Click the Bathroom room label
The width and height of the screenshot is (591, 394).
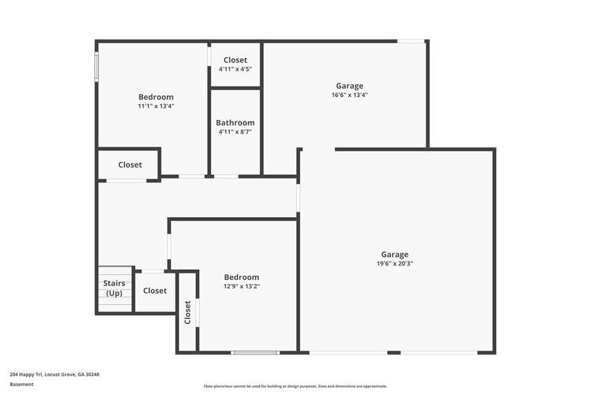click(235, 123)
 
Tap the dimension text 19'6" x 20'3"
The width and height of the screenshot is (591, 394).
click(395, 263)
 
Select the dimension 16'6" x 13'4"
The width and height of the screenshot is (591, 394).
click(349, 95)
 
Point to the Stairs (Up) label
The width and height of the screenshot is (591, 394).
click(114, 288)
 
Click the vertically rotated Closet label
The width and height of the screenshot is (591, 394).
click(188, 312)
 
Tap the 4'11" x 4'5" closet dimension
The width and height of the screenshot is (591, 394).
click(235, 69)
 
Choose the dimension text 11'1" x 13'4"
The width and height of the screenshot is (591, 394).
click(156, 106)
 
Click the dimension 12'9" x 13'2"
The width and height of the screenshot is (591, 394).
click(242, 286)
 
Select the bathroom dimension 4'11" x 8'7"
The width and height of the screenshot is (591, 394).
click(235, 131)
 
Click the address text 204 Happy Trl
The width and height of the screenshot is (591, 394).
click(26, 375)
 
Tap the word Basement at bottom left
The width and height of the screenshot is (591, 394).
click(21, 384)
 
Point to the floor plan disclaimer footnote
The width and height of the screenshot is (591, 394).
click(295, 386)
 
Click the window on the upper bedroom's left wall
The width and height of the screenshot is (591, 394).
click(96, 67)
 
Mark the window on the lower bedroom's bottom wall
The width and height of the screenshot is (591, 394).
click(255, 352)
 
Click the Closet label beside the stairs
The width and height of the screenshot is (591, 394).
click(155, 291)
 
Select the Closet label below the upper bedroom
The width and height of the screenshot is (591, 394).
click(130, 165)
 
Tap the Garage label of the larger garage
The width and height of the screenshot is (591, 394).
click(395, 255)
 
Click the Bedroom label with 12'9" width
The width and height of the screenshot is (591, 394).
click(242, 277)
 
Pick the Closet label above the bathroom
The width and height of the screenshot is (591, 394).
click(235, 60)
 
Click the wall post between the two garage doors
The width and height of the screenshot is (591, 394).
click(394, 352)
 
